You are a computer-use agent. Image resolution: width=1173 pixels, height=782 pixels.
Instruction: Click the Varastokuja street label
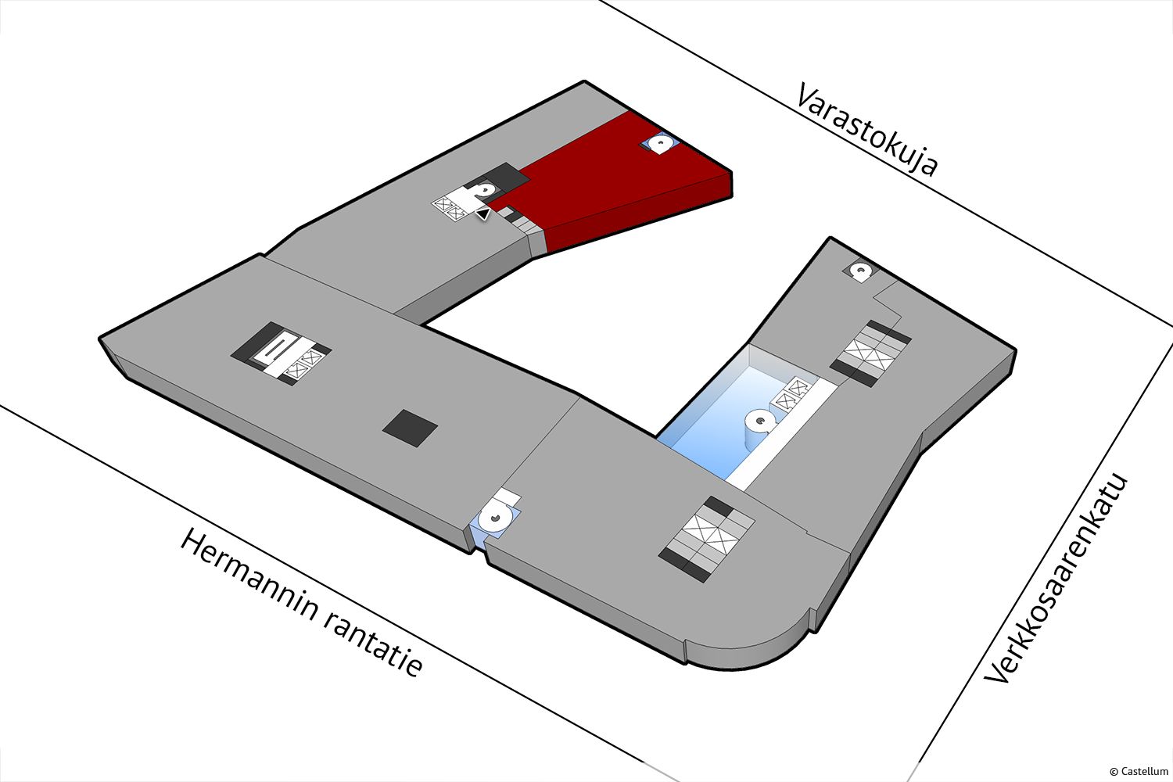click(866, 129)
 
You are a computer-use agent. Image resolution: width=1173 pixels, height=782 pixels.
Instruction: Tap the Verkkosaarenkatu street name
click(1055, 578)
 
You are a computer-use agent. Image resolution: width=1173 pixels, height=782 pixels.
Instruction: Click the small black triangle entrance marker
click(482, 213)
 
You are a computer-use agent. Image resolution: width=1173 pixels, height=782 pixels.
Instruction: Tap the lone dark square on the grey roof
click(410, 428)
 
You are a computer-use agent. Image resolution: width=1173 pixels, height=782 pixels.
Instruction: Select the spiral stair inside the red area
click(660, 143)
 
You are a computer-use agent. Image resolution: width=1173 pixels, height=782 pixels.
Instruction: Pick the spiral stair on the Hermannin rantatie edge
click(494, 518)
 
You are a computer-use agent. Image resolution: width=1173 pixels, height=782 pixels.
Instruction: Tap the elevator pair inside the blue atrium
click(792, 393)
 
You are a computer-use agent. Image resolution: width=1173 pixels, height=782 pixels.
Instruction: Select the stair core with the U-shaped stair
click(282, 353)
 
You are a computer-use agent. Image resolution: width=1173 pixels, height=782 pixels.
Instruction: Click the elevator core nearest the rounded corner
click(706, 539)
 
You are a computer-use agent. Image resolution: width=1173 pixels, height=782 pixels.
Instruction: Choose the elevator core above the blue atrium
click(871, 353)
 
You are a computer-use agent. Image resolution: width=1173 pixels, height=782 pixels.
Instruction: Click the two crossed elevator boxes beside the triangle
click(450, 208)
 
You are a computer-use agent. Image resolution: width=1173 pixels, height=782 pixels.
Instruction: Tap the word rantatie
click(371, 647)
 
